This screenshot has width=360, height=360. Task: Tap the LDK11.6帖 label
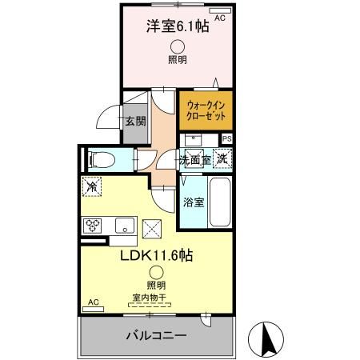tap(156, 256)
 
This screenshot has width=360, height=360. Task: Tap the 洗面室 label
tap(194, 159)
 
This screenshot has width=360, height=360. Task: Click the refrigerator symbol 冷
tap(92, 188)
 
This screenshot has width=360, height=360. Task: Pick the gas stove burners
tap(92, 224)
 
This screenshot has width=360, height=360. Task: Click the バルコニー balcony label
tap(156, 334)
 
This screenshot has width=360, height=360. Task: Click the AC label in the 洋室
tap(222, 15)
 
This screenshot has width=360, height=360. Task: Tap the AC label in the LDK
tap(94, 302)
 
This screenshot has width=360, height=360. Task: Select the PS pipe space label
tap(227, 138)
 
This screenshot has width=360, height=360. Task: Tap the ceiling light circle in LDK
tap(156, 272)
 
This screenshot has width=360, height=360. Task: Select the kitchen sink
tap(125, 224)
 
